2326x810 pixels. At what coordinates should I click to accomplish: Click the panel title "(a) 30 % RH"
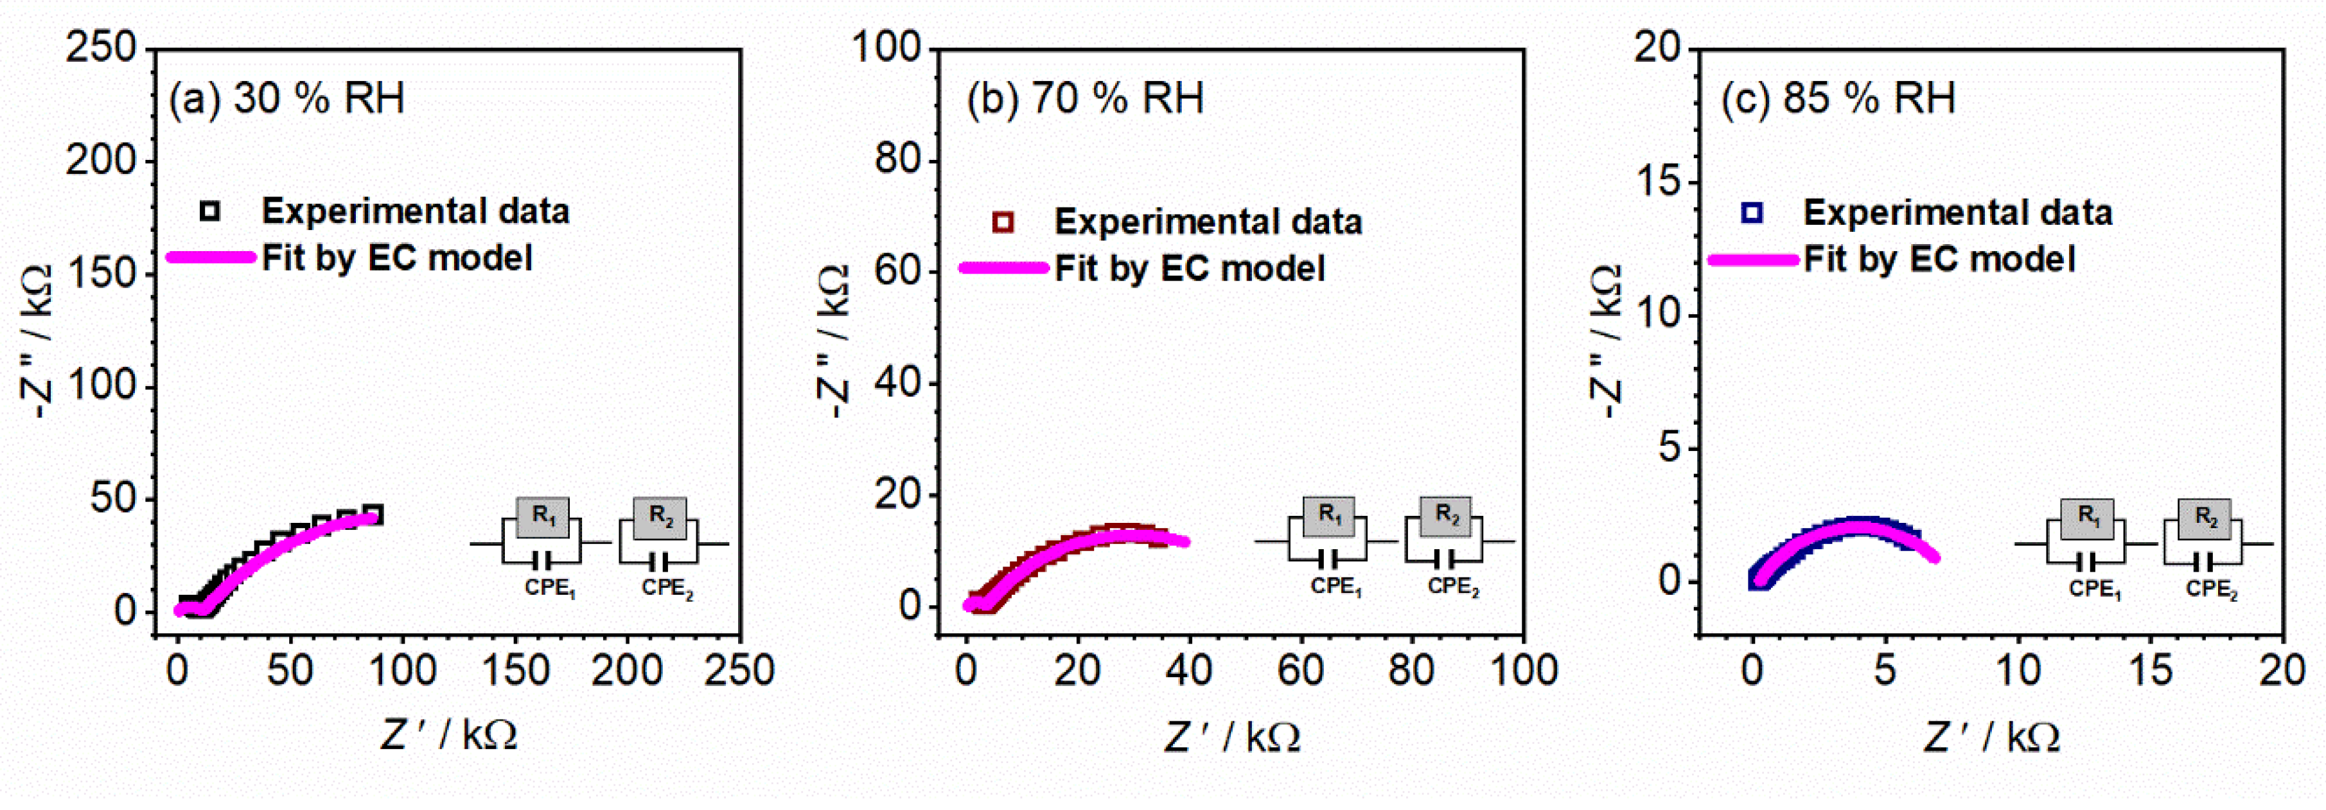(286, 98)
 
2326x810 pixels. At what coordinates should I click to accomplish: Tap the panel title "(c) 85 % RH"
(1838, 98)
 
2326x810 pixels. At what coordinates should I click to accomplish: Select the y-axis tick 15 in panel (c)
(1660, 182)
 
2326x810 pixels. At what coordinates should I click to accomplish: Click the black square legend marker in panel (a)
(209, 211)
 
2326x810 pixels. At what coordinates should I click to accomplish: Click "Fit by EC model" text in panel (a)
(397, 258)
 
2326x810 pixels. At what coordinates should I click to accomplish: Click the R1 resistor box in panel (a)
(543, 516)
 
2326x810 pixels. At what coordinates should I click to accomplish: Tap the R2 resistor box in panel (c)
(2206, 518)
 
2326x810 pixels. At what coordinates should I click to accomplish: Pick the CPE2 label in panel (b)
(1453, 587)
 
